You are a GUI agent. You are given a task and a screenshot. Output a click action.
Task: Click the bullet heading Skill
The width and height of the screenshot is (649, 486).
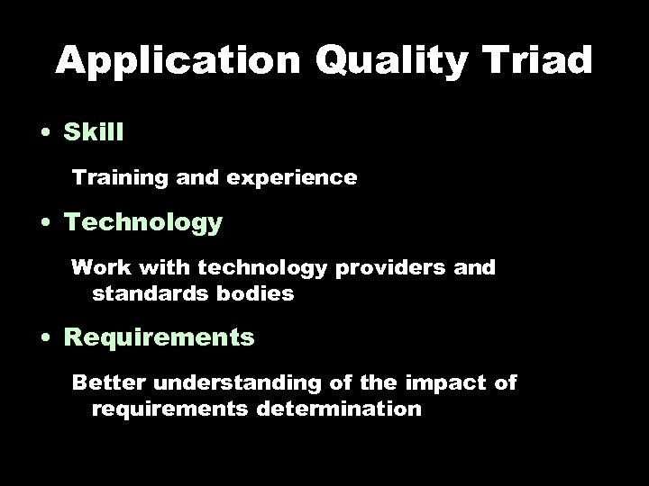[x=94, y=132]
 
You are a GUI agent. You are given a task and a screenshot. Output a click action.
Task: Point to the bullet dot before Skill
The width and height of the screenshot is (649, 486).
[x=44, y=133]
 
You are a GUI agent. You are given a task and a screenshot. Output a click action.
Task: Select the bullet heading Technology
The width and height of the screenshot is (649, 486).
[x=142, y=222]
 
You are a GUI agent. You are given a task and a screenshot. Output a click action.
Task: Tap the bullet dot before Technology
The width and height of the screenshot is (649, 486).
[x=44, y=223]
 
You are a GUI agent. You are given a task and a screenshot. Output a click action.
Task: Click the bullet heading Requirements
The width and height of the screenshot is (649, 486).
[x=160, y=338]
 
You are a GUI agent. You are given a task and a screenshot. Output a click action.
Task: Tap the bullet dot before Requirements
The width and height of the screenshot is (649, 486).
[x=44, y=339]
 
